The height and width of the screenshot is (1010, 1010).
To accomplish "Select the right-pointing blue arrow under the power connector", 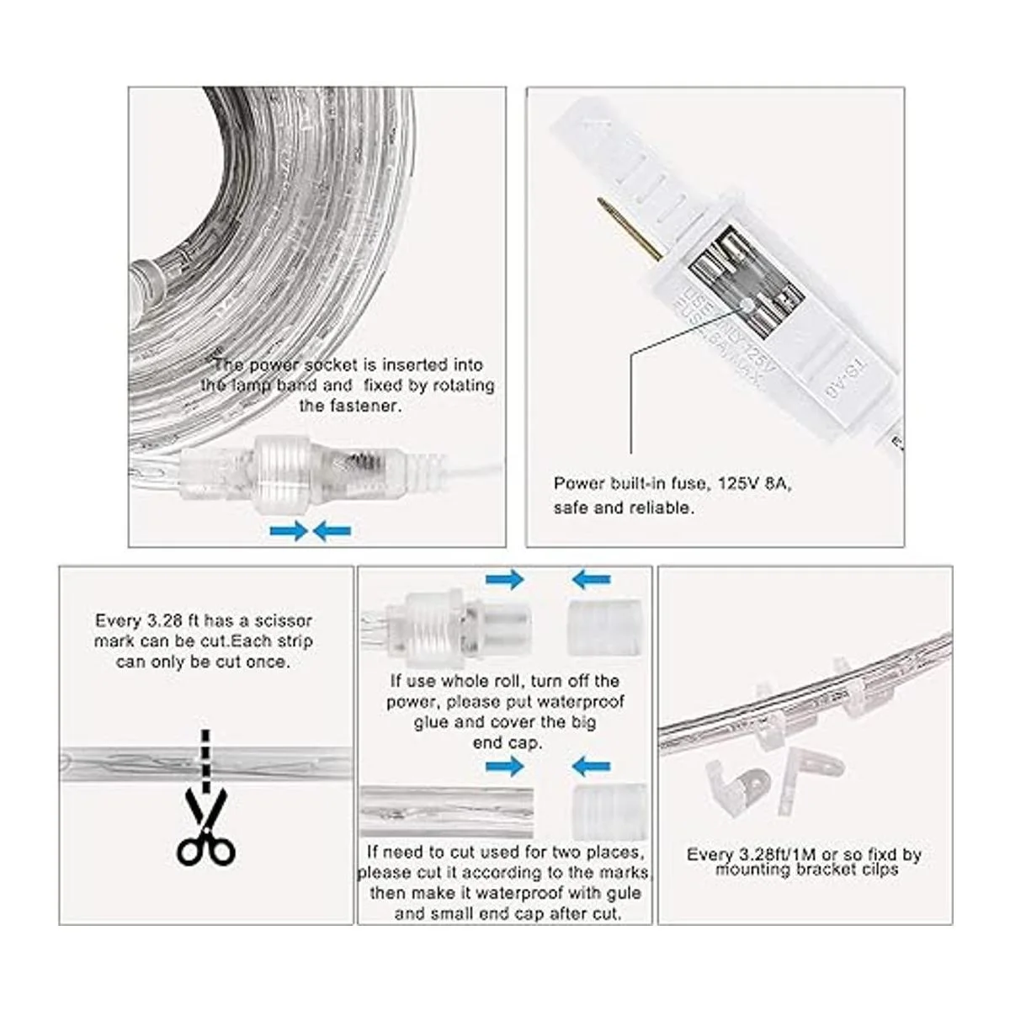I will click(289, 530).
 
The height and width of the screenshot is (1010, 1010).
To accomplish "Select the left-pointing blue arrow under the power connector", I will click(332, 530).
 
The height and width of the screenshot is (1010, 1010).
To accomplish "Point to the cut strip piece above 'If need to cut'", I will click(446, 811).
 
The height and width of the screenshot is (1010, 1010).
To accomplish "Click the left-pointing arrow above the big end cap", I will click(592, 579).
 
